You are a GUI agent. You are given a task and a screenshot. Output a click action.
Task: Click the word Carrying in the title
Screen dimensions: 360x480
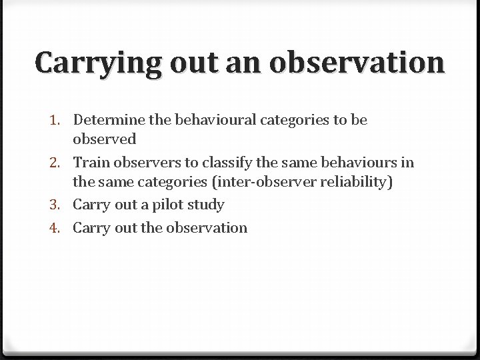(x=98, y=64)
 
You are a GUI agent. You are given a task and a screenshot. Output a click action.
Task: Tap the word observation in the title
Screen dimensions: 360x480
(x=357, y=63)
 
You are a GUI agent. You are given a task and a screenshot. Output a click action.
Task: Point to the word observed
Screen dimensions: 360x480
(x=105, y=139)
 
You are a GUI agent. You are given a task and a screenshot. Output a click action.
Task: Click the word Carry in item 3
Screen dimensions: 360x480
(x=91, y=205)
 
